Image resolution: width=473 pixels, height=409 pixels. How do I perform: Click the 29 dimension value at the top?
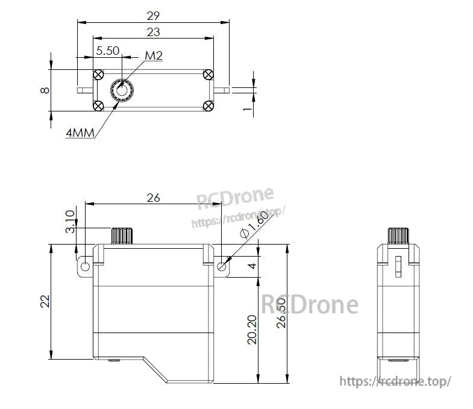pos(153,16)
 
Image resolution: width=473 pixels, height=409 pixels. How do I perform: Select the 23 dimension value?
pos(153,32)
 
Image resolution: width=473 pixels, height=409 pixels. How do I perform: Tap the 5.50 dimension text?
pos(108,51)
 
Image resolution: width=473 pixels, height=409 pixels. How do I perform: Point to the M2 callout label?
pos(154,56)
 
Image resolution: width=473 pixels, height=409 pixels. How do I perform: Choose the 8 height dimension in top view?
pos(45,90)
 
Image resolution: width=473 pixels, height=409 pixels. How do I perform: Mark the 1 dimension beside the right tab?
pos(246,109)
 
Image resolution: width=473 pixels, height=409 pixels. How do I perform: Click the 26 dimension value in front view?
pos(154,198)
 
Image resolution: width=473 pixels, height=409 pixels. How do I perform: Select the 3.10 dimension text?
pos(70,221)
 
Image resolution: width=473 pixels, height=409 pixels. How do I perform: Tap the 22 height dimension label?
pos(45,301)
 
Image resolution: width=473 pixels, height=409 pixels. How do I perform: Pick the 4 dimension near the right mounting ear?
pos(252,266)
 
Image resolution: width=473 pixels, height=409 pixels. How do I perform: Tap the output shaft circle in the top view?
pos(122,90)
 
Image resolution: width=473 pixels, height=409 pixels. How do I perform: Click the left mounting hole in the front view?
pos(86,266)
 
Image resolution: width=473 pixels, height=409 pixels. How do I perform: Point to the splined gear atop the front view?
pos(122,236)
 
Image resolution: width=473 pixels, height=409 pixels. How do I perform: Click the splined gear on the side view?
pos(397,236)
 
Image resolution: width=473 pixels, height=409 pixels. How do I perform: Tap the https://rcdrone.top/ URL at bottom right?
pos(395,381)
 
